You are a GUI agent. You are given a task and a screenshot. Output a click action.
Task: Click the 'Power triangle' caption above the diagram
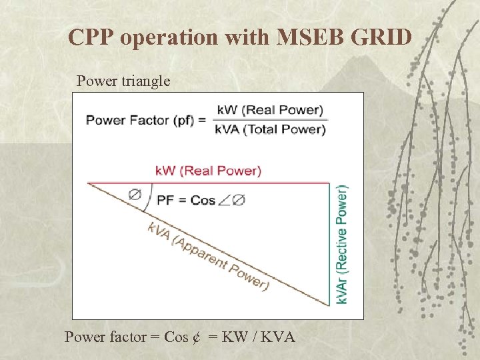(123, 81)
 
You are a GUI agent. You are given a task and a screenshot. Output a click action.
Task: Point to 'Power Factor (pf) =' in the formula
(147, 120)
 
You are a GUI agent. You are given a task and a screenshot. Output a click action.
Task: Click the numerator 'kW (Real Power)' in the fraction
(269, 110)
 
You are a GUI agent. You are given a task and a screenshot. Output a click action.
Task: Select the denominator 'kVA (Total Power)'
(270, 129)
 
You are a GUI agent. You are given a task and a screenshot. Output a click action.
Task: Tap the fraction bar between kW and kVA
(270, 120)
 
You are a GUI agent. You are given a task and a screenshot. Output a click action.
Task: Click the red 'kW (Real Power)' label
(208, 171)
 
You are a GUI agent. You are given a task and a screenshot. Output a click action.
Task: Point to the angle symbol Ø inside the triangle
(135, 194)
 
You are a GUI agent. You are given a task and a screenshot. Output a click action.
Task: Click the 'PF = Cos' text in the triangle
(186, 199)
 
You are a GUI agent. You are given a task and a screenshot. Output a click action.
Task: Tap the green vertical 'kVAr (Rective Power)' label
(341, 244)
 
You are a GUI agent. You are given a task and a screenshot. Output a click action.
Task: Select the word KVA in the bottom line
(275, 337)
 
